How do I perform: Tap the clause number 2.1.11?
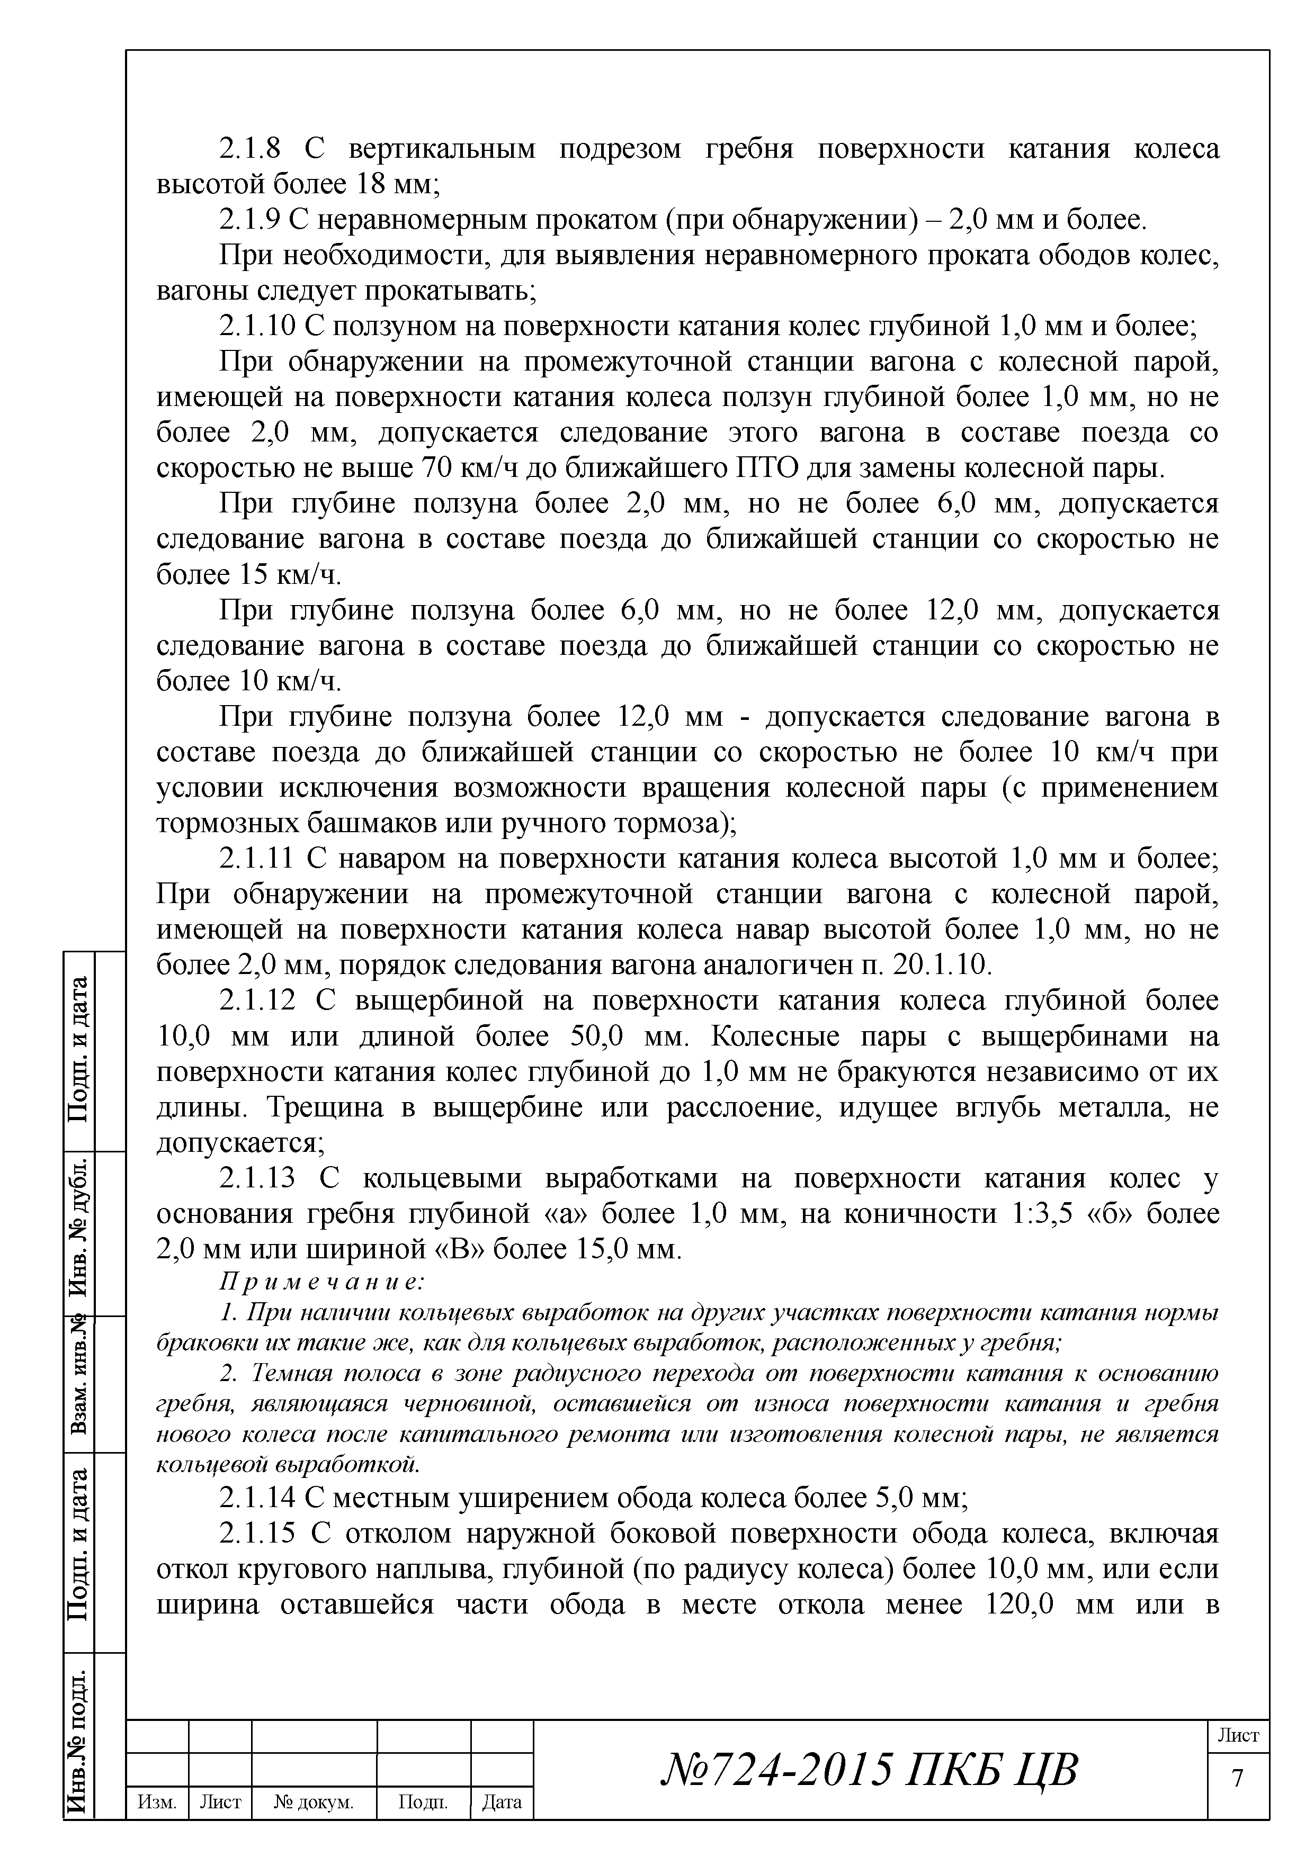coord(255,859)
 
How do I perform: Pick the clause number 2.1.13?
coord(257,1178)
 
